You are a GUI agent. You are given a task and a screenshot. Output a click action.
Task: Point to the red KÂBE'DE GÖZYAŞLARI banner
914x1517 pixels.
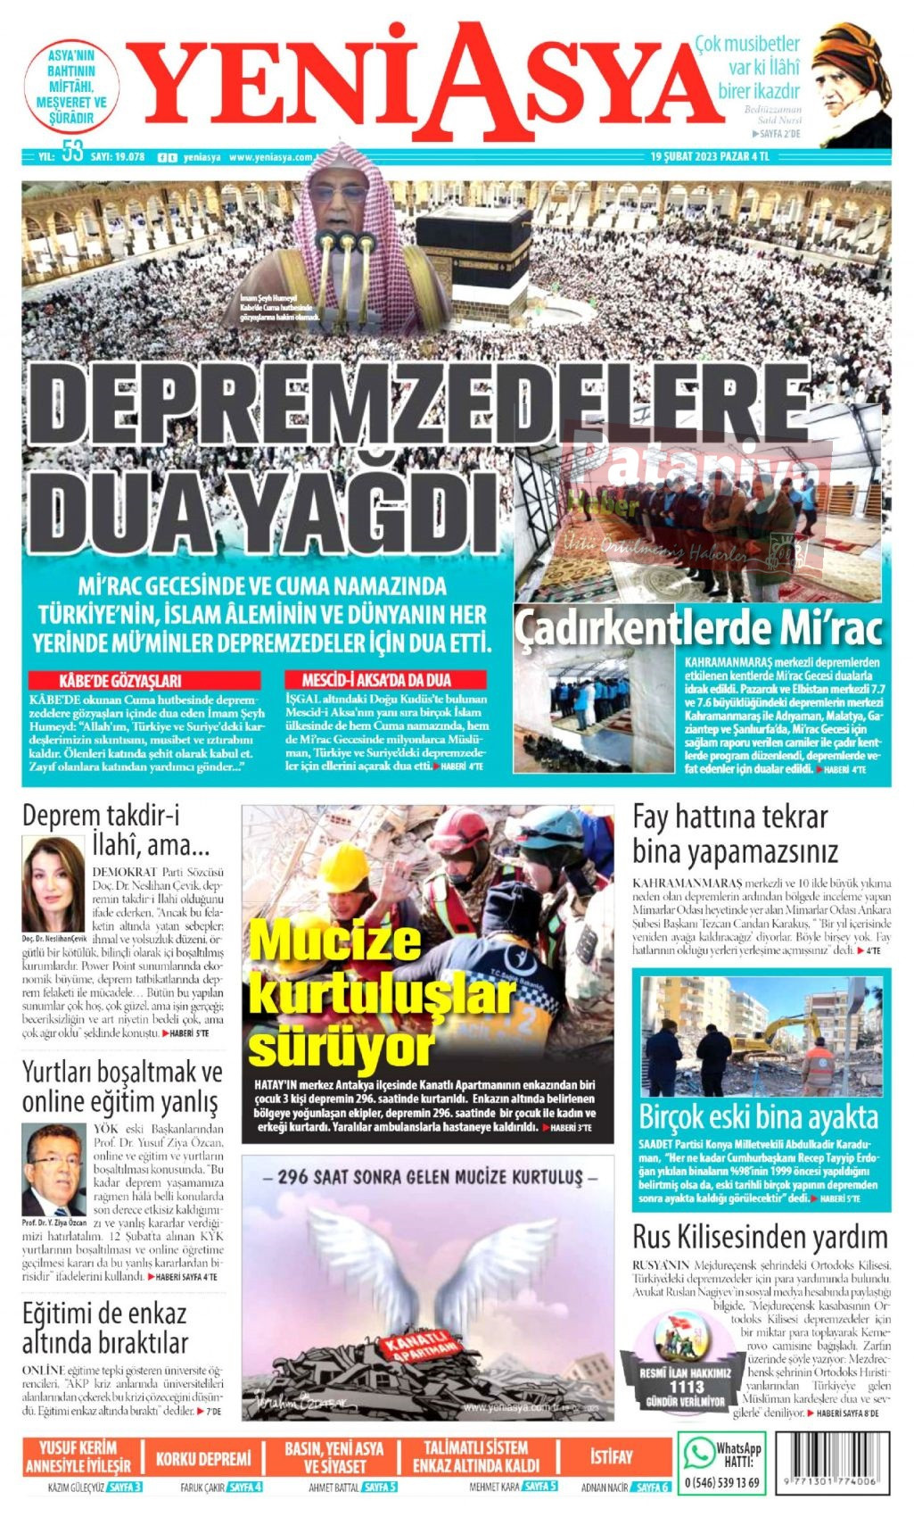coord(144,680)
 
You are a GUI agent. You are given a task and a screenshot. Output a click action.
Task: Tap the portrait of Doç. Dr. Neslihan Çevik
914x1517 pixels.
coord(54,883)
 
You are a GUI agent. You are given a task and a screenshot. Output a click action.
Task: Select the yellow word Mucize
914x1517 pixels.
coord(335,942)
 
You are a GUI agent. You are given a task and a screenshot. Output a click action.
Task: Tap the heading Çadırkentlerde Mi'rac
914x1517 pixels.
coord(698,628)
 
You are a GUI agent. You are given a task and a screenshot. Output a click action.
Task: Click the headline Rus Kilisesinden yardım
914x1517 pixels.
coord(760,1238)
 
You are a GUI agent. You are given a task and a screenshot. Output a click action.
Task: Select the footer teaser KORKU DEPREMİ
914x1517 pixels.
coord(203,1459)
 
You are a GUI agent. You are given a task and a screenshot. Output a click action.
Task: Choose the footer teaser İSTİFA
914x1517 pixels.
coord(611,1457)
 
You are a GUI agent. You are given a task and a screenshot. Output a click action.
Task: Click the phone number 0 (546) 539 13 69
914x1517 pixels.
coord(721,1483)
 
